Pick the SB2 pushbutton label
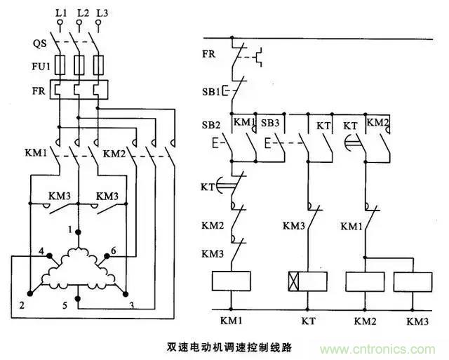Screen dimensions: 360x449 212,124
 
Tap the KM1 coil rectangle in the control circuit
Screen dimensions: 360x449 232,281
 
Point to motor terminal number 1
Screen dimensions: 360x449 72,229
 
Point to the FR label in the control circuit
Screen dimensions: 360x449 209,53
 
